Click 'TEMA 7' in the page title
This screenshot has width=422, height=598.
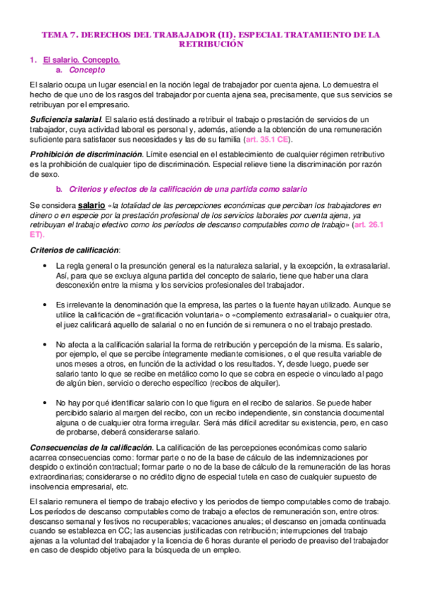point(58,34)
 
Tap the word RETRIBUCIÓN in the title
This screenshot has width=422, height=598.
point(211,44)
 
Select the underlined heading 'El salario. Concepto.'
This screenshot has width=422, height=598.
point(81,61)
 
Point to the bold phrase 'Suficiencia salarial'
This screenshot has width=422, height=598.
point(66,119)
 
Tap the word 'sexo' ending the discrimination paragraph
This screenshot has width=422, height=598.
point(49,174)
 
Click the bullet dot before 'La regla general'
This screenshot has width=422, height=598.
point(46,266)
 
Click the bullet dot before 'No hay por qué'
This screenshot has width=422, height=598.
point(46,401)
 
